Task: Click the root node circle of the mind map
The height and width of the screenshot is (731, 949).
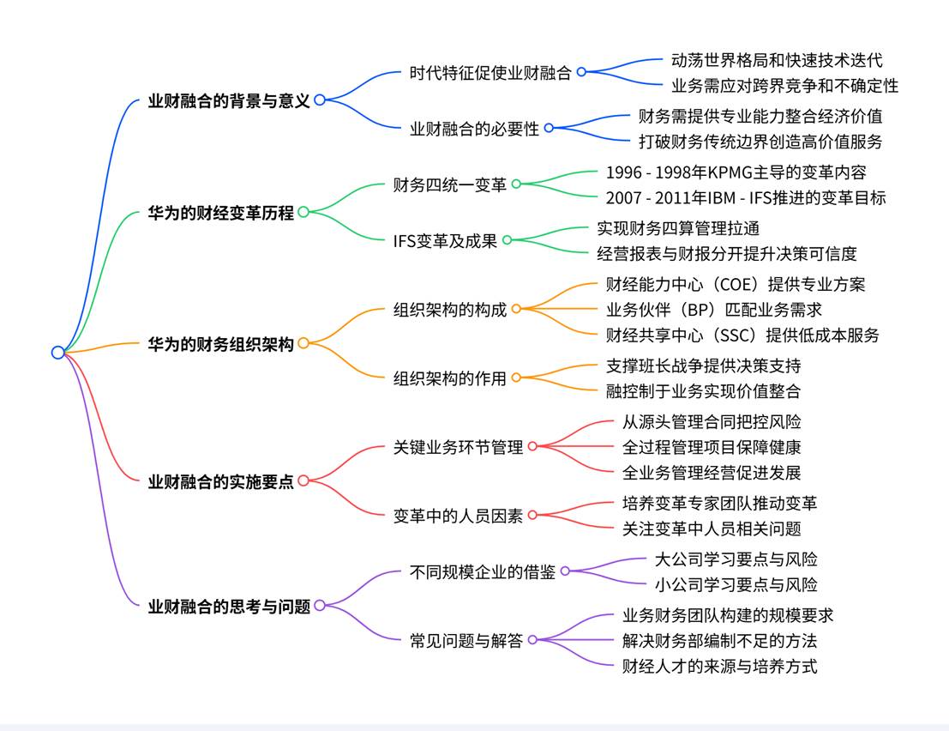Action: [x=58, y=352]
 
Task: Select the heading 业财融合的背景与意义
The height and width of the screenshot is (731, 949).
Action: [x=228, y=100]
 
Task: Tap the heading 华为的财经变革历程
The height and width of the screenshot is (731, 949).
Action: [x=220, y=213]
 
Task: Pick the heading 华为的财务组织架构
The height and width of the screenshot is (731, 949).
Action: [x=220, y=344]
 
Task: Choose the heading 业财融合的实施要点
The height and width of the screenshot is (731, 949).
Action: [x=220, y=481]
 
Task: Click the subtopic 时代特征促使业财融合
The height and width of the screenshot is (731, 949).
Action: [x=490, y=73]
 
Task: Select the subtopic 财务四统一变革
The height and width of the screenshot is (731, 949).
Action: [x=449, y=184]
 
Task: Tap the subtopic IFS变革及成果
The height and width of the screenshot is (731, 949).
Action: [x=445, y=241]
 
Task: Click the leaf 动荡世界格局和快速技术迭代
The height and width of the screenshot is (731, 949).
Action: [x=777, y=60]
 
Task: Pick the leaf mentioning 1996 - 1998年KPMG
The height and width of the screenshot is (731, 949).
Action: [x=736, y=172]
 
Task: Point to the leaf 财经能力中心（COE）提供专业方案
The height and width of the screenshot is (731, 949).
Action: [x=736, y=284]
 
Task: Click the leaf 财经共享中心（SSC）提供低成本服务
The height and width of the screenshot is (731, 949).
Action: [x=742, y=335]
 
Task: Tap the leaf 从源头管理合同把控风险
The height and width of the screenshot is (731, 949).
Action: [x=712, y=421]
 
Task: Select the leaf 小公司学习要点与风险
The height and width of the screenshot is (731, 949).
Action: [x=736, y=584]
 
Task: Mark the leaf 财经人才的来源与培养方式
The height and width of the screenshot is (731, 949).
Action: [x=719, y=665]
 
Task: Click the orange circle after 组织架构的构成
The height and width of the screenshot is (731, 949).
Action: [x=516, y=309]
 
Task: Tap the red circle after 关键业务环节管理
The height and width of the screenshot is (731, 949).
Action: [x=532, y=446]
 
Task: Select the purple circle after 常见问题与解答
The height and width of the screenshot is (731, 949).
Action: [x=532, y=640]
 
